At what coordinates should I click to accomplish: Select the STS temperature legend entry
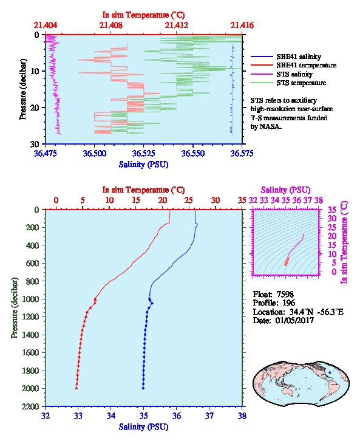pyautogui.click(x=288, y=83)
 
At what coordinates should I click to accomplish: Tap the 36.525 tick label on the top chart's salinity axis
pyautogui.click(x=144, y=153)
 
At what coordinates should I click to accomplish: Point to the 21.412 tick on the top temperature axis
pyautogui.click(x=177, y=25)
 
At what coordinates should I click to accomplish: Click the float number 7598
pyautogui.click(x=285, y=294)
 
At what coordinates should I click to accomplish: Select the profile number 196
pyautogui.click(x=288, y=303)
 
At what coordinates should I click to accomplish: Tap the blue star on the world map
pyautogui.click(x=330, y=372)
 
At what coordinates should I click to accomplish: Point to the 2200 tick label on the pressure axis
pyautogui.click(x=30, y=406)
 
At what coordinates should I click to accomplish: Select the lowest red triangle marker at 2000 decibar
pyautogui.click(x=76, y=388)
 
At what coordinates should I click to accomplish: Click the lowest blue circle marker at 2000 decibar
pyautogui.click(x=143, y=388)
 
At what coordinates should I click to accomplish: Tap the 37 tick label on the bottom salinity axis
pyautogui.click(x=209, y=415)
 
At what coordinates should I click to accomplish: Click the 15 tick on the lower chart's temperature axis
pyautogui.click(x=136, y=200)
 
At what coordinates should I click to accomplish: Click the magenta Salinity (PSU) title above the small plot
pyautogui.click(x=285, y=190)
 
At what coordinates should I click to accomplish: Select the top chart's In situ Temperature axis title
pyautogui.click(x=143, y=15)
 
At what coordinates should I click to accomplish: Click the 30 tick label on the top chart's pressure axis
pyautogui.click(x=35, y=144)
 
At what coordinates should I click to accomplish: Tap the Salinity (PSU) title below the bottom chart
pyautogui.click(x=143, y=427)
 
